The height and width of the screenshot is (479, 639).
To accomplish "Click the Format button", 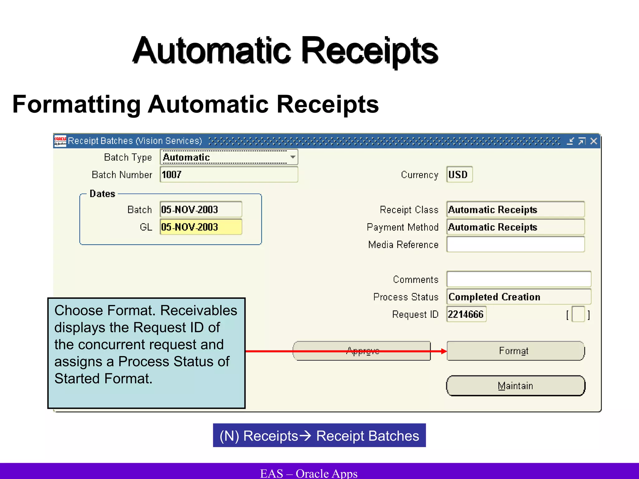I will pyautogui.click(x=515, y=351).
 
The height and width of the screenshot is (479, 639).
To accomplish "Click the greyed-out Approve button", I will pyautogui.click(x=362, y=351).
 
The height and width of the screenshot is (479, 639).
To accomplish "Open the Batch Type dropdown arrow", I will pyautogui.click(x=293, y=157).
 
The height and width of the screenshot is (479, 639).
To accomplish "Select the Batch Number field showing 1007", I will pyautogui.click(x=229, y=174).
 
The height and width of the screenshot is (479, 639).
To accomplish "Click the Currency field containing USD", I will pyautogui.click(x=459, y=174).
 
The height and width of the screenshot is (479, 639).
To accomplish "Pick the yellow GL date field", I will pyautogui.click(x=201, y=227).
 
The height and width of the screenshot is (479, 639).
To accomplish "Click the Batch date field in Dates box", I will pyautogui.click(x=201, y=209).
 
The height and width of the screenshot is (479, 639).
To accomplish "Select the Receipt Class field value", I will pyautogui.click(x=515, y=209).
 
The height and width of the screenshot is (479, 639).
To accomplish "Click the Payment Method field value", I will pyautogui.click(x=515, y=227).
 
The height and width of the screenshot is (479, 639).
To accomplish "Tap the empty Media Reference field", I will pyautogui.click(x=515, y=244).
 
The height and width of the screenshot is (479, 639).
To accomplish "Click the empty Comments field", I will pyautogui.click(x=519, y=279).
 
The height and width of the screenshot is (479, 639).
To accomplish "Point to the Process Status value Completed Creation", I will pyautogui.click(x=519, y=297).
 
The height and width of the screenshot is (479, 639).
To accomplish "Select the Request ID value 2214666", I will pyautogui.click(x=466, y=314).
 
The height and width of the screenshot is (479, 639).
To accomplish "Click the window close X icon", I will pyautogui.click(x=594, y=141).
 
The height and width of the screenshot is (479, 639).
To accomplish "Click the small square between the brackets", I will pyautogui.click(x=578, y=314).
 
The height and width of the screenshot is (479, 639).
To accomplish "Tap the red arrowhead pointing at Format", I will pyautogui.click(x=444, y=351).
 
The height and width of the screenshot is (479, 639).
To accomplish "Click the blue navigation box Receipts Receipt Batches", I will pyautogui.click(x=319, y=435).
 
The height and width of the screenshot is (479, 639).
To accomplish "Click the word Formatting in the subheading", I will pyautogui.click(x=77, y=104).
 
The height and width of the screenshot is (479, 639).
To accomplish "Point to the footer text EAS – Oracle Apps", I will pyautogui.click(x=309, y=473).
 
